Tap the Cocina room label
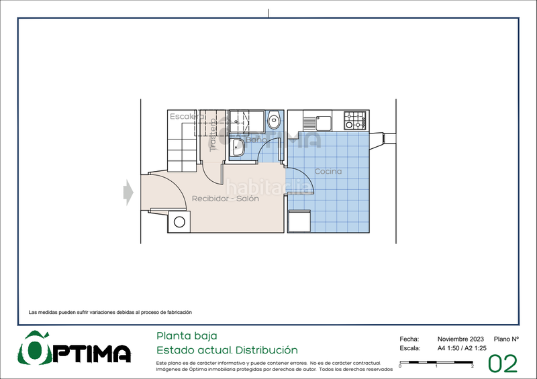point(328,172)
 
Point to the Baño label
point(256,140)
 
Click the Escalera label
point(187,117)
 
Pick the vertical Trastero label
point(213,136)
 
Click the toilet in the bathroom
point(274,121)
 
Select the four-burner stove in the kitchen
point(355,121)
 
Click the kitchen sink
point(322,122)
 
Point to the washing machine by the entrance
point(179,222)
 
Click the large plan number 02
point(503,364)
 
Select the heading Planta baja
point(187,335)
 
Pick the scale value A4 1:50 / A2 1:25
point(462,349)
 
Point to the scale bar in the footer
point(436,363)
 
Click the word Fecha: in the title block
point(409,339)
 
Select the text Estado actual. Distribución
point(227,350)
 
